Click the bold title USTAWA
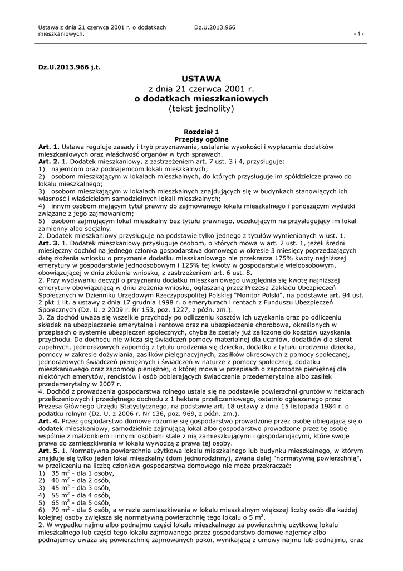[201, 78]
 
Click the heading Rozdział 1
[201, 131]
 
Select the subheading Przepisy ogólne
[201, 139]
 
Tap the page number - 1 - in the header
[359, 34]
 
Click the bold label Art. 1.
[48, 147]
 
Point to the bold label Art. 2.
[48, 161]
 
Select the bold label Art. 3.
[48, 243]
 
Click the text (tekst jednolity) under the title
[201, 108]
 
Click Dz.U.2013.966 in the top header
[215, 27]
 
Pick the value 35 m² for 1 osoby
[59, 472]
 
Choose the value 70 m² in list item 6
[59, 510]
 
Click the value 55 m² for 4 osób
[59, 495]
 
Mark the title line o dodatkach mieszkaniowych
[201, 98]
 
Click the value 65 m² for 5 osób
[59, 502]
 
